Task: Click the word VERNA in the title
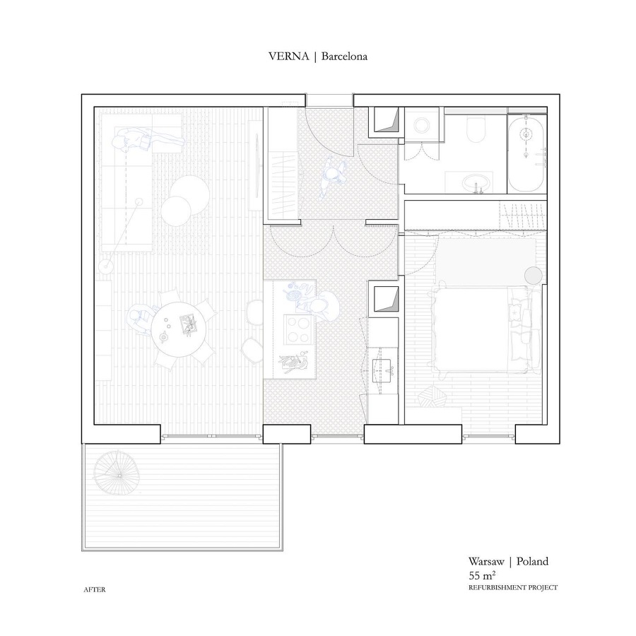click(x=288, y=57)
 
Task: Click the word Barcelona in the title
click(x=344, y=57)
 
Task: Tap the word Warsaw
click(x=486, y=561)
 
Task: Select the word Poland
click(x=532, y=561)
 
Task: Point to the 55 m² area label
click(x=482, y=575)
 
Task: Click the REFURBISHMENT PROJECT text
click(x=513, y=587)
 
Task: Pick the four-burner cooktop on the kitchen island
click(x=299, y=329)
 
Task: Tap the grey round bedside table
click(x=534, y=276)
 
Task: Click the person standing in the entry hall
click(x=333, y=177)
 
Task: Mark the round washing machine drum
click(x=423, y=125)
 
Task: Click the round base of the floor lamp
click(x=106, y=266)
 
